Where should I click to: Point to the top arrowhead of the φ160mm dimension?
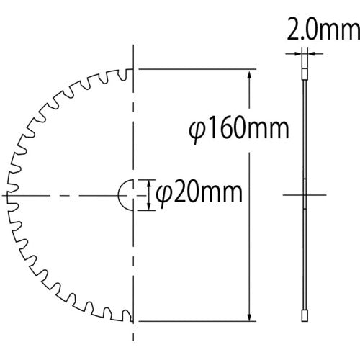pos(250,74)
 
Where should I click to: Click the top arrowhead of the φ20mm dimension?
pos(149,183)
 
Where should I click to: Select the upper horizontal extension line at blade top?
pos(194,70)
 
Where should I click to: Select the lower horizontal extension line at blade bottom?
pos(194,320)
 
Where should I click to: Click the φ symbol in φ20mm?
pos(162,194)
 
